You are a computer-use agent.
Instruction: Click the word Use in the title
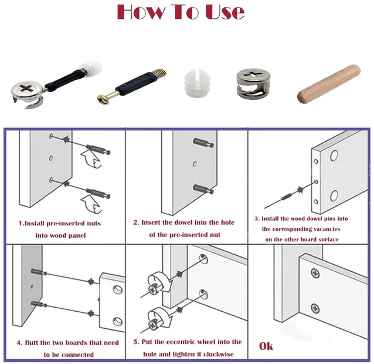225,12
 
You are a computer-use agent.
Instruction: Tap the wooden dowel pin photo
329,83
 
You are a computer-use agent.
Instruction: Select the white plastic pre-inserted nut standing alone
198,83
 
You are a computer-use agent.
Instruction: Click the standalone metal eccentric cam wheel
253,83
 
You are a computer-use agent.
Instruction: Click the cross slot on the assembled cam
26,88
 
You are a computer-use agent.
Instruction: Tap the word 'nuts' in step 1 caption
92,224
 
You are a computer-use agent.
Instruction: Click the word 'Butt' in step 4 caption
32,343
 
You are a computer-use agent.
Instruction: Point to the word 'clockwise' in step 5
219,354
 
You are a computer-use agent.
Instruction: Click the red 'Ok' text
266,346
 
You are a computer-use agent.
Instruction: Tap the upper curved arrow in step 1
91,159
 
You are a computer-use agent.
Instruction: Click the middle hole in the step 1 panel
51,158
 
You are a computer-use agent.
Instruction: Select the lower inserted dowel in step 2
203,189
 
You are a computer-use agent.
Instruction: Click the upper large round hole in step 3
334,156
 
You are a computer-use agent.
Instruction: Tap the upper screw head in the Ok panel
315,273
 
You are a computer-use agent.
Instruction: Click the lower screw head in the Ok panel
315,309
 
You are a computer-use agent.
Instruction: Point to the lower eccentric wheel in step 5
159,319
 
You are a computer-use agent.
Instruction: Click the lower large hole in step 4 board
118,322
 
